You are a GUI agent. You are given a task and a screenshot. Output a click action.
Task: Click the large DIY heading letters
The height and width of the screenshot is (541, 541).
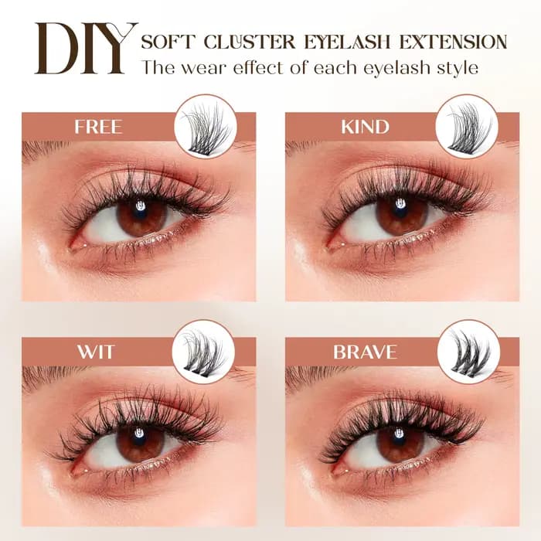click(x=86, y=48)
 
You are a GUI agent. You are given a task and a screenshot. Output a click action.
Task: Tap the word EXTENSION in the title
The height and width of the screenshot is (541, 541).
click(x=453, y=42)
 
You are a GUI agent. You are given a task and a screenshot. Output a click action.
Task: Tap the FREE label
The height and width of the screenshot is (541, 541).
click(x=98, y=127)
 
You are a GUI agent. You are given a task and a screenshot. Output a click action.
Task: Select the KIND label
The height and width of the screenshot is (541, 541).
click(x=365, y=127)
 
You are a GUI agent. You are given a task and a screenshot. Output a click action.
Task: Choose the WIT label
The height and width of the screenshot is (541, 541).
click(x=95, y=352)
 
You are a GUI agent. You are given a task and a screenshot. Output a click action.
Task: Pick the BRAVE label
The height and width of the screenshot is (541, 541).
click(x=365, y=352)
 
